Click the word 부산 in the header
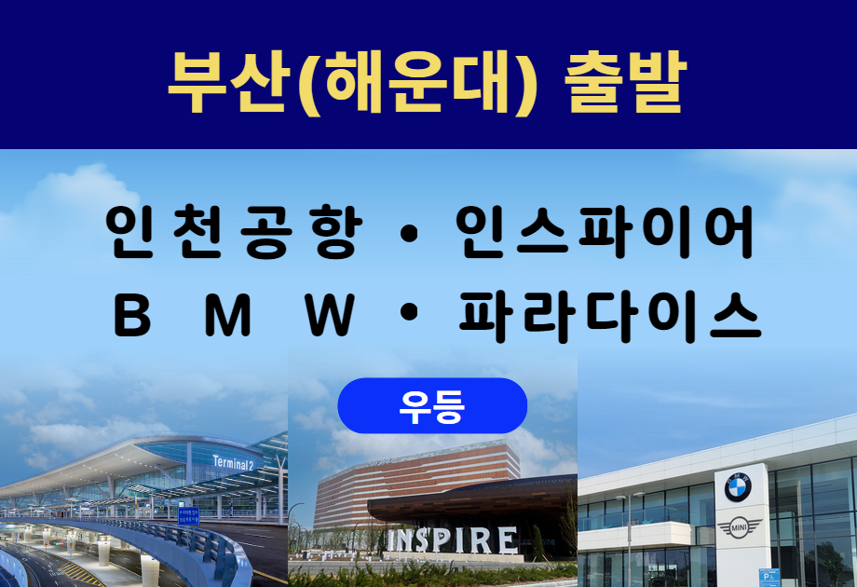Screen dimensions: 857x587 click(x=227, y=81)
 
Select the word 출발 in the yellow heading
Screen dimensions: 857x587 click(x=625, y=81)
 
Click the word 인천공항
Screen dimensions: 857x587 click(x=234, y=231)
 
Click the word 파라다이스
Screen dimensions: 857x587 click(x=609, y=316)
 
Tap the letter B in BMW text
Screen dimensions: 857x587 click(x=131, y=316)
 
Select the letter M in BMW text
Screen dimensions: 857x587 click(x=228, y=316)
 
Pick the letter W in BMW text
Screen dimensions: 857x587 click(x=330, y=316)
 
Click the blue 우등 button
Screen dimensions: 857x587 click(x=432, y=405)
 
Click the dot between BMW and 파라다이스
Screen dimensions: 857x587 click(x=409, y=313)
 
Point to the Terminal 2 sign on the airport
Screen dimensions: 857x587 click(x=233, y=463)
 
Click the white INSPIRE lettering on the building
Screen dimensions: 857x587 click(x=452, y=540)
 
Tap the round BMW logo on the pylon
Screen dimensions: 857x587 click(x=738, y=487)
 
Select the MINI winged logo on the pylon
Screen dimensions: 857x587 click(x=739, y=528)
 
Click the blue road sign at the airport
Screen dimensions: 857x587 click(x=188, y=516)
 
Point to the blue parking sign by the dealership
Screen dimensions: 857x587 click(x=769, y=578)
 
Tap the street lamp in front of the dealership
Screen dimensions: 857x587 click(x=628, y=539)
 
